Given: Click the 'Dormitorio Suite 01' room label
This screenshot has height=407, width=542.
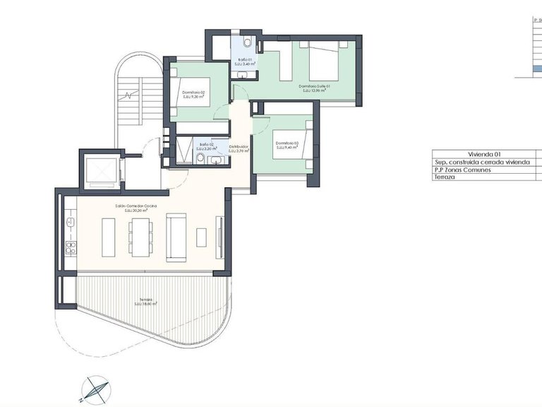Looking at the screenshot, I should pyautogui.click(x=315, y=85).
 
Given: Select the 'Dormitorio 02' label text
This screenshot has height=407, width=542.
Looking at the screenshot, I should pyautogui.click(x=193, y=93).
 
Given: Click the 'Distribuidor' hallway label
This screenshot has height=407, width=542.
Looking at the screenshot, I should pyautogui.click(x=239, y=147).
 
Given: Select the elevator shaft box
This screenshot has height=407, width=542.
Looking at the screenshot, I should pyautogui.click(x=100, y=171).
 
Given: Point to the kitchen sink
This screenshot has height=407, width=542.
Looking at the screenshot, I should pyautogui.click(x=70, y=221).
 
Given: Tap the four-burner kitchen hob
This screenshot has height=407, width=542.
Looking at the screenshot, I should pyautogui.click(x=70, y=247).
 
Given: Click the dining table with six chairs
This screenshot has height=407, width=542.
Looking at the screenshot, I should pyautogui.click(x=141, y=237).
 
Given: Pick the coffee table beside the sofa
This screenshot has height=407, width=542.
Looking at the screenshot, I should pyautogui.click(x=202, y=237).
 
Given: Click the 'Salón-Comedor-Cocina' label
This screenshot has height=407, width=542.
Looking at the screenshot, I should pyautogui.click(x=136, y=206).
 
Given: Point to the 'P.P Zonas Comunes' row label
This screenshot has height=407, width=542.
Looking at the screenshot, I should pyautogui.click(x=463, y=170).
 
